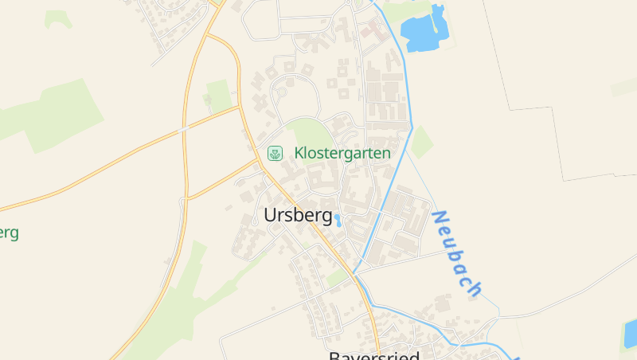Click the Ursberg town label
click(x=297, y=215)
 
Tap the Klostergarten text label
click(x=342, y=153)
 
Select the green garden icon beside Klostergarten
click(x=275, y=153)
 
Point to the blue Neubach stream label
click(x=457, y=253)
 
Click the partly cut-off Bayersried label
click(x=374, y=355)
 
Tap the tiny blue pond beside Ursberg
click(x=338, y=220)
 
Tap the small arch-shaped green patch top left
click(x=57, y=18)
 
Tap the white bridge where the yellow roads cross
click(x=184, y=127)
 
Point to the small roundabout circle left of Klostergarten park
click(x=279, y=94)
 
